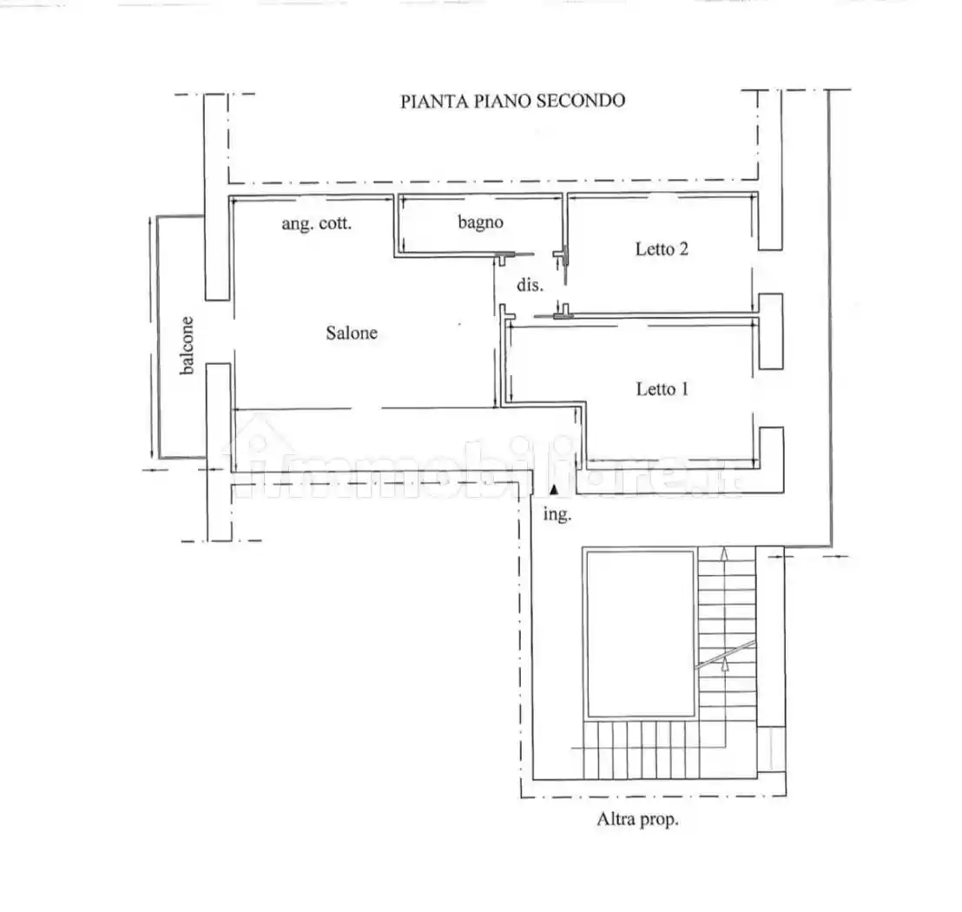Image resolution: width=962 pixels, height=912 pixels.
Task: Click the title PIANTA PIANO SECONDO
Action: coord(513,101)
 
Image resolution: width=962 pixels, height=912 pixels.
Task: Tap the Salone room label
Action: coord(352,333)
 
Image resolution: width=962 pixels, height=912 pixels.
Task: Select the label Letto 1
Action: coord(662,389)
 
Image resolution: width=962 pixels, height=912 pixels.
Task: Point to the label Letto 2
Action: coord(662,248)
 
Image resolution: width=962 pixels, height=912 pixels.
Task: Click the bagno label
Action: coord(480,222)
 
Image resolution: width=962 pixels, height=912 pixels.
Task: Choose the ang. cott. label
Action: coord(317,223)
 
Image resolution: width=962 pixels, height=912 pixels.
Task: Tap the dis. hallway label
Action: coord(530,284)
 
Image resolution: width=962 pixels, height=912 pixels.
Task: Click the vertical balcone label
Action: coord(188,345)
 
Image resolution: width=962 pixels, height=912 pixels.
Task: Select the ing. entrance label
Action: coord(557,514)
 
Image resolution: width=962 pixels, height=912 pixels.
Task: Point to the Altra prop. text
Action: coord(637,819)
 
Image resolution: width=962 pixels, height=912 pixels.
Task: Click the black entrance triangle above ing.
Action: coord(554,489)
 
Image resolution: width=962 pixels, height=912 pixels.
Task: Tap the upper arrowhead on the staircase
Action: coord(725,553)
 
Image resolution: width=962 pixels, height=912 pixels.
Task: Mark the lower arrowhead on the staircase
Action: coord(725,664)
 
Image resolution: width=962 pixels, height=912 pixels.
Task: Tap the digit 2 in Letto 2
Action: coord(682,248)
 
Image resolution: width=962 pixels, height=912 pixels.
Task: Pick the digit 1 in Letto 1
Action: coord(684,389)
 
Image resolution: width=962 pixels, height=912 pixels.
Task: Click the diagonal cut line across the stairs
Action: coord(725,655)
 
